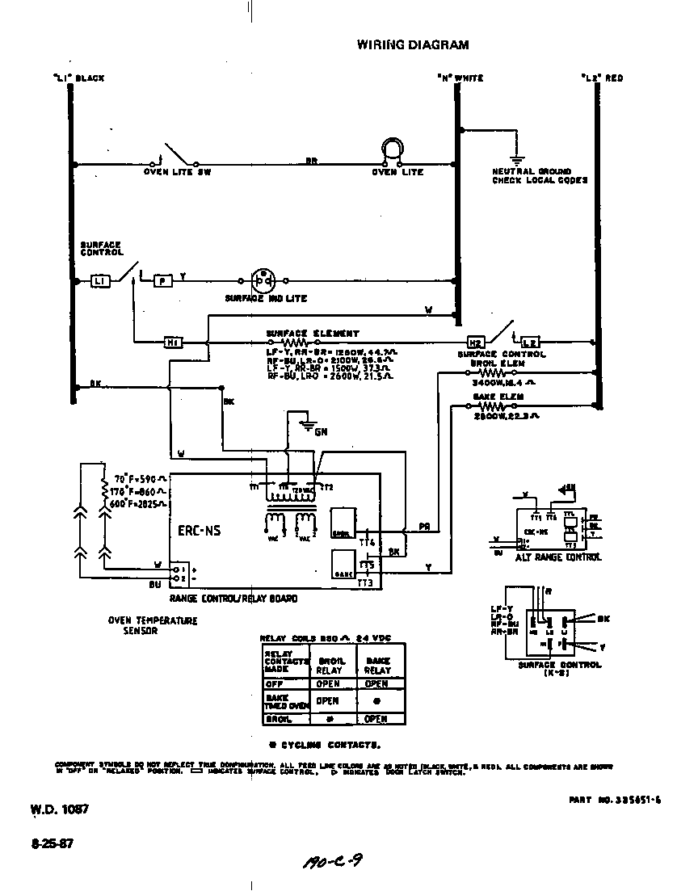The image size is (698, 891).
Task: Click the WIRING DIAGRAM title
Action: click(x=412, y=45)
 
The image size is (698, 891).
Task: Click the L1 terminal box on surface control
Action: click(x=99, y=280)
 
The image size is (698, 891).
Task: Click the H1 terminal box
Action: click(x=173, y=343)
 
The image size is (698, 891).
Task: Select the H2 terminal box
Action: click(x=475, y=343)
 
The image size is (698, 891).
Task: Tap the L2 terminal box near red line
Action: click(x=529, y=343)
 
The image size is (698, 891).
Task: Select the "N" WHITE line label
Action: click(x=460, y=78)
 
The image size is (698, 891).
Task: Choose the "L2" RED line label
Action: click(x=602, y=78)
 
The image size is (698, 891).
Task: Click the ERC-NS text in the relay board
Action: click(x=199, y=531)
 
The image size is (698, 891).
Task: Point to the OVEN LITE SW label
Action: click(x=177, y=172)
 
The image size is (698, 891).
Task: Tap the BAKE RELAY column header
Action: click(x=376, y=665)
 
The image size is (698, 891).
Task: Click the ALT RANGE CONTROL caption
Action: click(x=558, y=557)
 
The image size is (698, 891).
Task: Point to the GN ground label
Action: click(x=321, y=432)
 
